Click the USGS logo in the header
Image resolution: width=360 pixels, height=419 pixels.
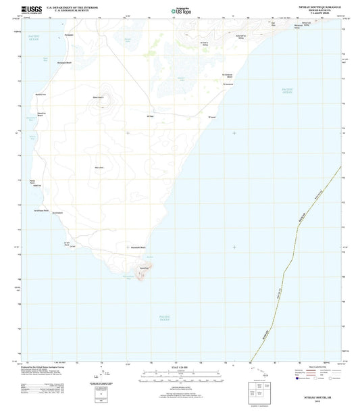point(32,8)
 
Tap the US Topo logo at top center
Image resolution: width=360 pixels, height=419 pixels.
point(180,9)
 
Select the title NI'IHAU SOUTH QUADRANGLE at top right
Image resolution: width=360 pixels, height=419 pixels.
point(312,5)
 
